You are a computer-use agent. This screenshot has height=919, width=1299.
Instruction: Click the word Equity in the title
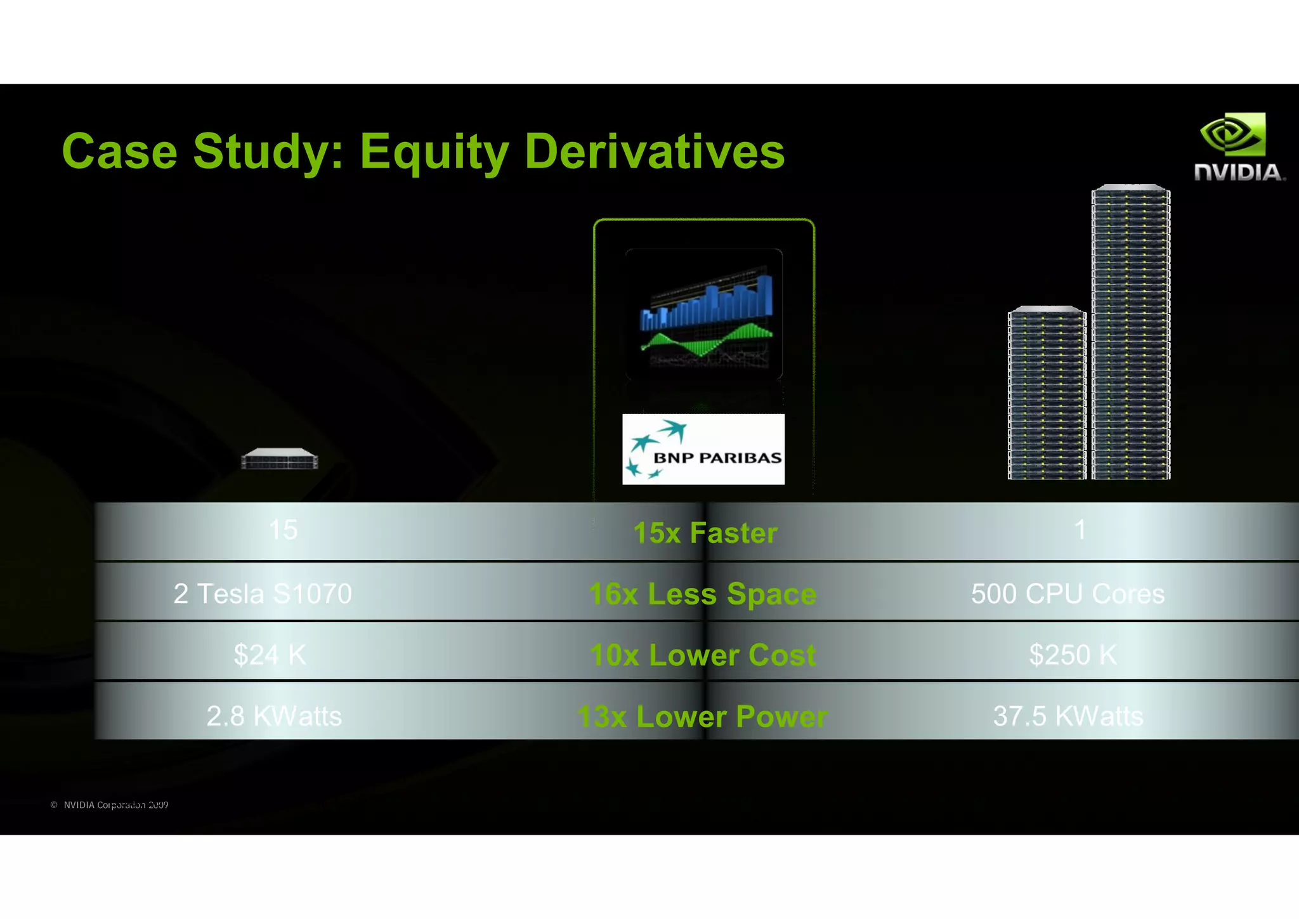[434, 152]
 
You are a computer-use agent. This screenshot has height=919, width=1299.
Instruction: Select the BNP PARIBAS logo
[703, 449]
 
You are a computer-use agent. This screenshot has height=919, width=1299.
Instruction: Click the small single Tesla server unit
[280, 459]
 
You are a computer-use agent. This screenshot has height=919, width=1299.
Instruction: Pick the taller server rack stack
[1131, 332]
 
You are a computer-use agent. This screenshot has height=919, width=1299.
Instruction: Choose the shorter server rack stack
[1047, 393]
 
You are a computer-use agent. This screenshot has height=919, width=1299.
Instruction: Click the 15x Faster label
[705, 533]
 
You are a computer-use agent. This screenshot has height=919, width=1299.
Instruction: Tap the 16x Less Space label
[703, 594]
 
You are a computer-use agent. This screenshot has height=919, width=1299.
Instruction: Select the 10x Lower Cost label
[703, 655]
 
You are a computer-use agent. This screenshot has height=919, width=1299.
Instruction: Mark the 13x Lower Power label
[703, 717]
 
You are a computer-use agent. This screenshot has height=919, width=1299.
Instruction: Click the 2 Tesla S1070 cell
[263, 594]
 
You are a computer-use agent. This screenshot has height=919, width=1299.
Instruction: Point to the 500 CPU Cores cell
[1067, 594]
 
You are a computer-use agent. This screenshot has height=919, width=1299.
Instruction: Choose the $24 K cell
[270, 655]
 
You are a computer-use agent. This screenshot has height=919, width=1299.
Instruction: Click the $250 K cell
[1073, 655]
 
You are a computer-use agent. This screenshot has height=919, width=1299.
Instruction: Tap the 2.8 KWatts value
[274, 716]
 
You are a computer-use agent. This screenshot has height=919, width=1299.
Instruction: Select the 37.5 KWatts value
[1068, 716]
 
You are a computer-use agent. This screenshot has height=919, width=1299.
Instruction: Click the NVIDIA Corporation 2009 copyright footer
[110, 805]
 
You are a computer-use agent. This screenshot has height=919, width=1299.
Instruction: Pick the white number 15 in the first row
[283, 530]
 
